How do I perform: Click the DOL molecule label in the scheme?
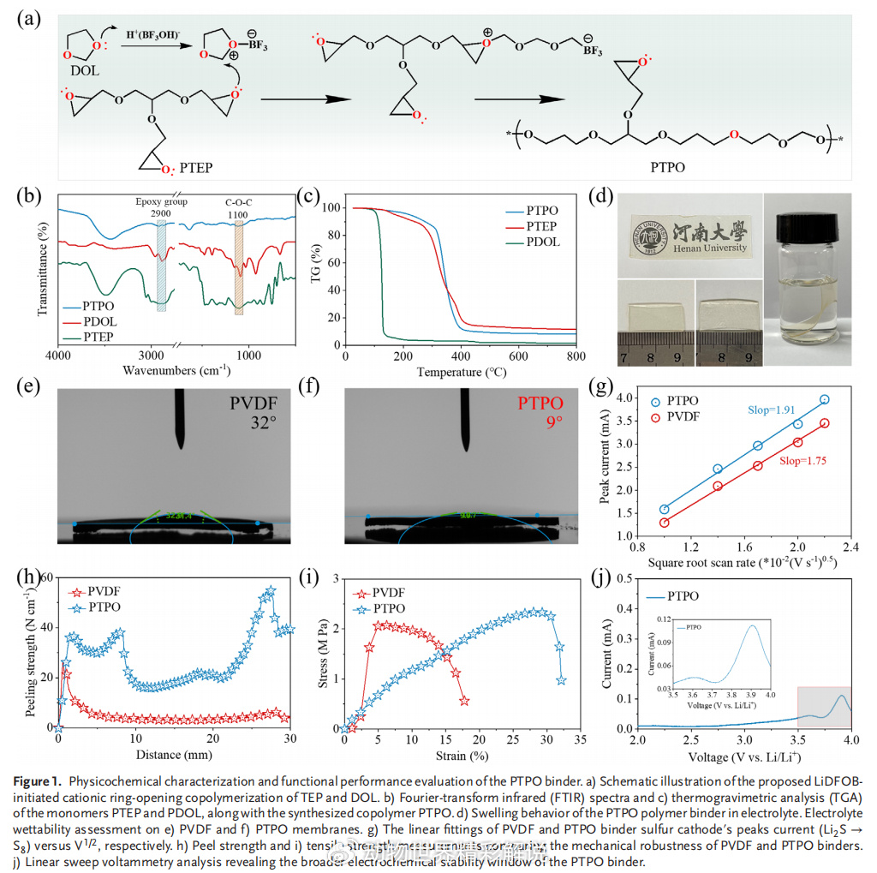tap(86, 71)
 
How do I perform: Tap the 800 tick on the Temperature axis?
tap(576, 356)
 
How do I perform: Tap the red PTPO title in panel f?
tap(540, 404)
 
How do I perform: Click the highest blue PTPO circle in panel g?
tap(825, 399)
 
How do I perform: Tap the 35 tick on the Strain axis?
tap(579, 738)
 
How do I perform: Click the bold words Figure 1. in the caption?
tap(40, 780)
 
